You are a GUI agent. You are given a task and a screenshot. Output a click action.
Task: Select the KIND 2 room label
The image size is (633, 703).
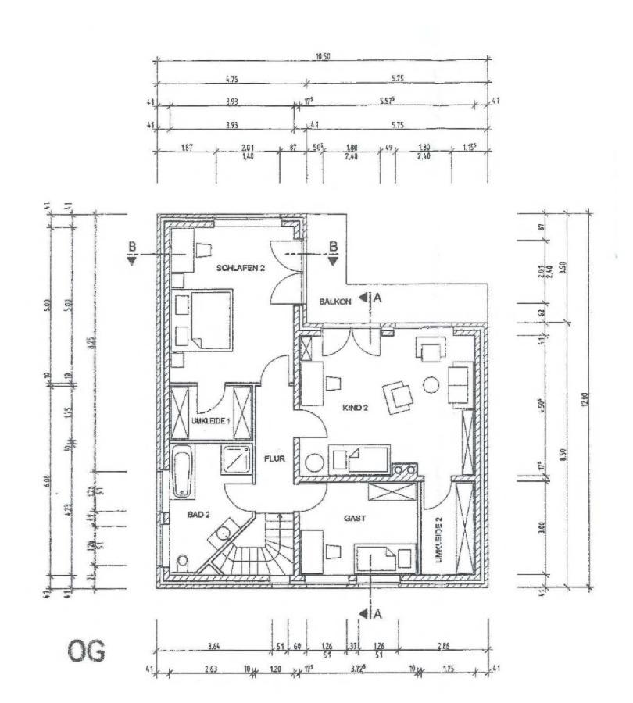[355, 408]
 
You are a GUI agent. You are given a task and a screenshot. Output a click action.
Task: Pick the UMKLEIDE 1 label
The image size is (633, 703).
[209, 421]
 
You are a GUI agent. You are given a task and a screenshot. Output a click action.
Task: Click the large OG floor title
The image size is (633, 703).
[85, 651]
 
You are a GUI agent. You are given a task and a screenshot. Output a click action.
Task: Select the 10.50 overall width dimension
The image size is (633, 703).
[322, 57]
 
